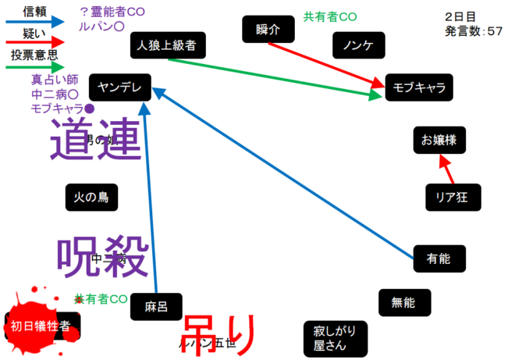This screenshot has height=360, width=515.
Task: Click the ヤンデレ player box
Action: coord(119,87)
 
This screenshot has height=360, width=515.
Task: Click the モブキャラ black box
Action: coord(418,87)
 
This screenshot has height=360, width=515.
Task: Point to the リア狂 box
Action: coord(453,196)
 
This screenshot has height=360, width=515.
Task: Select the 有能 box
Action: coord(439,258)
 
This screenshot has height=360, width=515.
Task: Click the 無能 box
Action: coord(403,301)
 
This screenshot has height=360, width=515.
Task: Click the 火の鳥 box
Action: coord(91,197)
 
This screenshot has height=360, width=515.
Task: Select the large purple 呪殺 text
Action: coord(102,255)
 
